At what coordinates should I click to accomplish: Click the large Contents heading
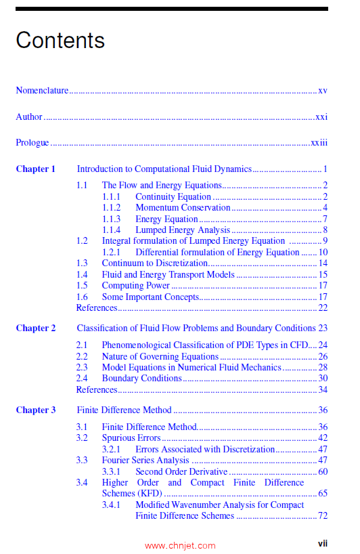(60, 41)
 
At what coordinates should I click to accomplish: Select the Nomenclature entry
(42, 90)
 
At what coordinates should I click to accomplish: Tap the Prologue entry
(32, 142)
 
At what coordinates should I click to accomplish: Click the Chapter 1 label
(36, 169)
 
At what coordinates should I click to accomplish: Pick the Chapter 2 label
(36, 328)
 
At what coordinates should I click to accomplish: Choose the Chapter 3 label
(36, 410)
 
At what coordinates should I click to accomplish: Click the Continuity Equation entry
(173, 196)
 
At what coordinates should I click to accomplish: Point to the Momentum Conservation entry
(183, 208)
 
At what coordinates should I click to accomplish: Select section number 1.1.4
(112, 230)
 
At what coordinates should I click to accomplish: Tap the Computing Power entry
(135, 285)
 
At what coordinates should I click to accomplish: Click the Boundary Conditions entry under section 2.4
(141, 378)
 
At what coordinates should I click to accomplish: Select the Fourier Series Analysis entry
(145, 461)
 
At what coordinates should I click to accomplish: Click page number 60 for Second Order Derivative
(323, 471)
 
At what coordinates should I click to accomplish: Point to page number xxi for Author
(321, 116)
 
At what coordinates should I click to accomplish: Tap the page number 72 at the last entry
(323, 516)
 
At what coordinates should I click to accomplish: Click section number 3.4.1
(112, 505)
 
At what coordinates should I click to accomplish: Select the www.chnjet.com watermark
(180, 545)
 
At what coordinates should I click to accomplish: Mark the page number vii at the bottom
(323, 543)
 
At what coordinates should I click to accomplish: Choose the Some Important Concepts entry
(150, 297)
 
